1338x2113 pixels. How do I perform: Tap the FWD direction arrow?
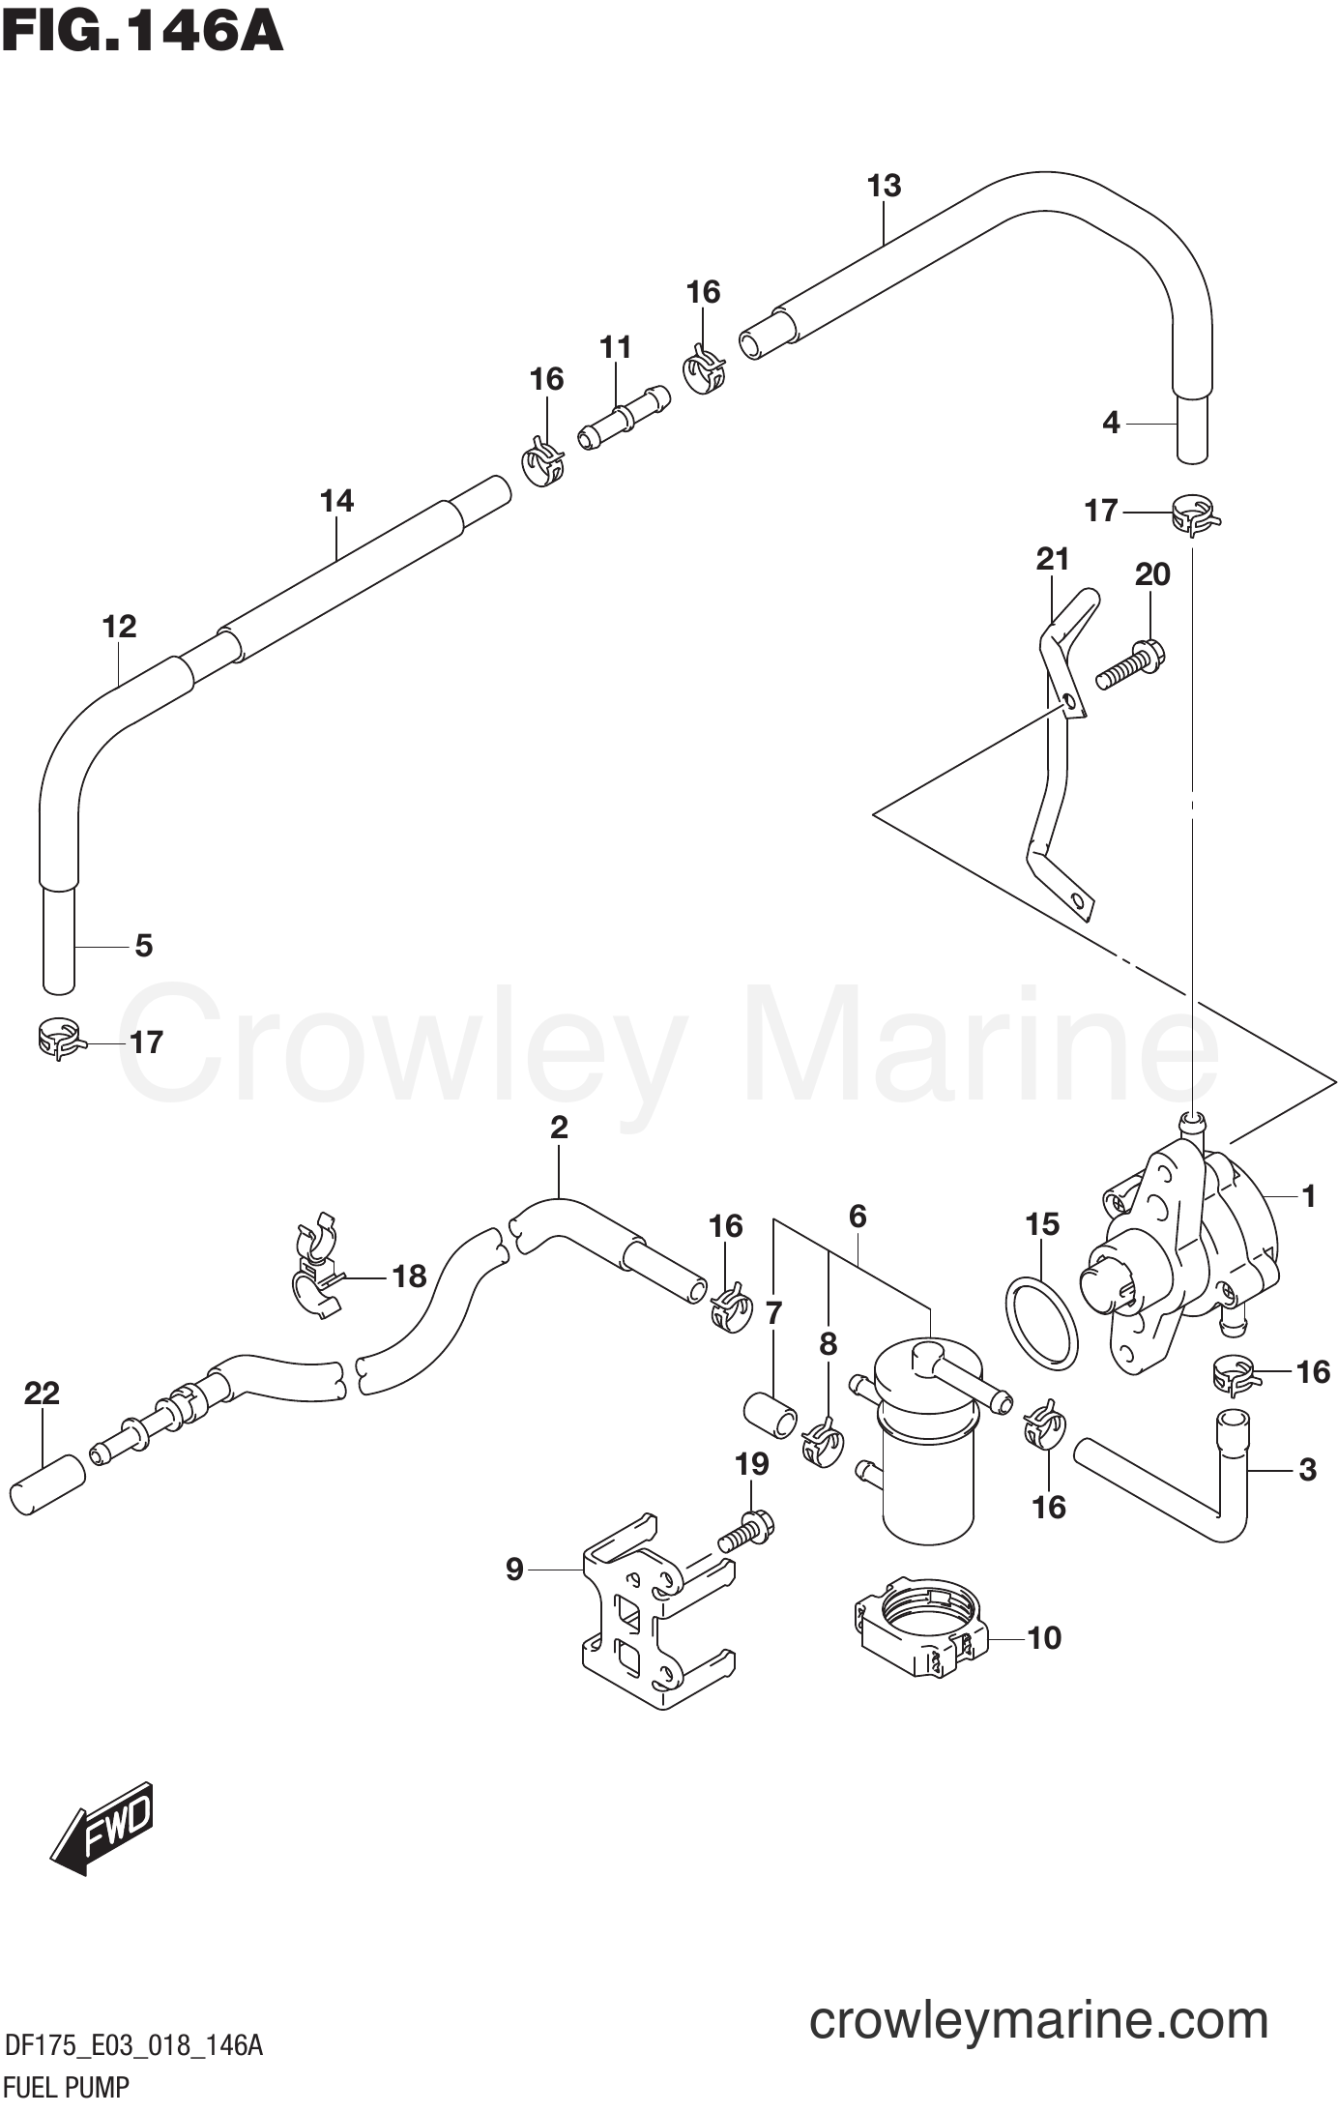click(102, 1825)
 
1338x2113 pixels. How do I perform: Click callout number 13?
click(884, 186)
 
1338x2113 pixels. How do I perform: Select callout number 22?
click(42, 1394)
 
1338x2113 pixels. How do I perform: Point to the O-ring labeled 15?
click(1042, 1322)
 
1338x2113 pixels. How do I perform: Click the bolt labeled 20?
click(1129, 666)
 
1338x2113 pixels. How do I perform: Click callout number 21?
click(1052, 559)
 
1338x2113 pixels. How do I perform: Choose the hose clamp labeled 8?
click(822, 1441)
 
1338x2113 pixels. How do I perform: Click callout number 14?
click(336, 501)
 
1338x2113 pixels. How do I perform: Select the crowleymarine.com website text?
click(1038, 1994)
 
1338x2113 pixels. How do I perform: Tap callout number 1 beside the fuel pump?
click(1308, 1196)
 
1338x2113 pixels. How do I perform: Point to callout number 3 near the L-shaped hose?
click(1307, 1470)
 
